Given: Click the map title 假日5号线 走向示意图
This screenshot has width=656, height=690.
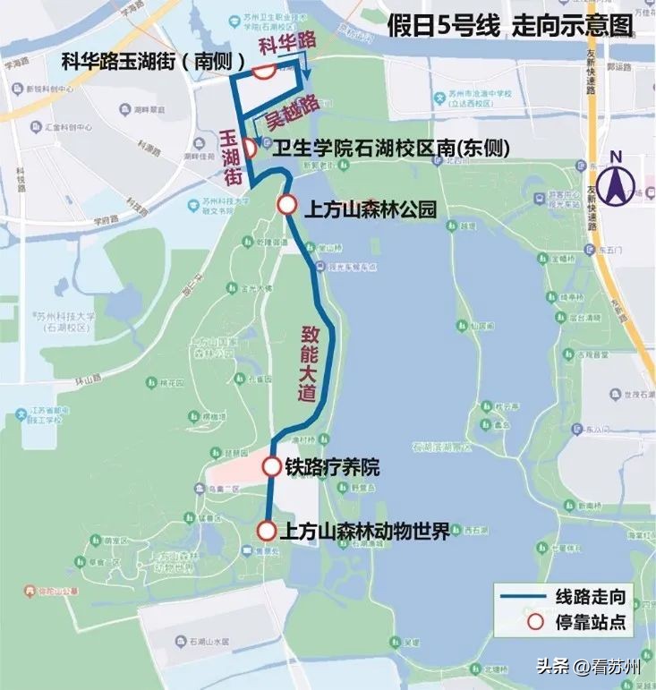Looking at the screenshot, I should point(511,26).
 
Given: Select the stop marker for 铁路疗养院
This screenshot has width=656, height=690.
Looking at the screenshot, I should point(272,466).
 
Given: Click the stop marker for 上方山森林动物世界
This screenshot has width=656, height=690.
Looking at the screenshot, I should point(266,531).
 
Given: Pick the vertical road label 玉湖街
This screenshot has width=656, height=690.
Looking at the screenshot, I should point(232,157).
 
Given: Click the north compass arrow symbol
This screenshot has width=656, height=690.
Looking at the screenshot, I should point(616,185).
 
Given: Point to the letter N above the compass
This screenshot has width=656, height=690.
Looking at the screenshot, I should point(615,158).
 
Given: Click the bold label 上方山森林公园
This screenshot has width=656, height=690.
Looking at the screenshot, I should point(371,210).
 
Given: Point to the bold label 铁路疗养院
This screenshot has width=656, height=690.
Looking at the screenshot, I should point(333,467).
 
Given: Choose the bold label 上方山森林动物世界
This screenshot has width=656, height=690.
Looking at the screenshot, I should point(363,532).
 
